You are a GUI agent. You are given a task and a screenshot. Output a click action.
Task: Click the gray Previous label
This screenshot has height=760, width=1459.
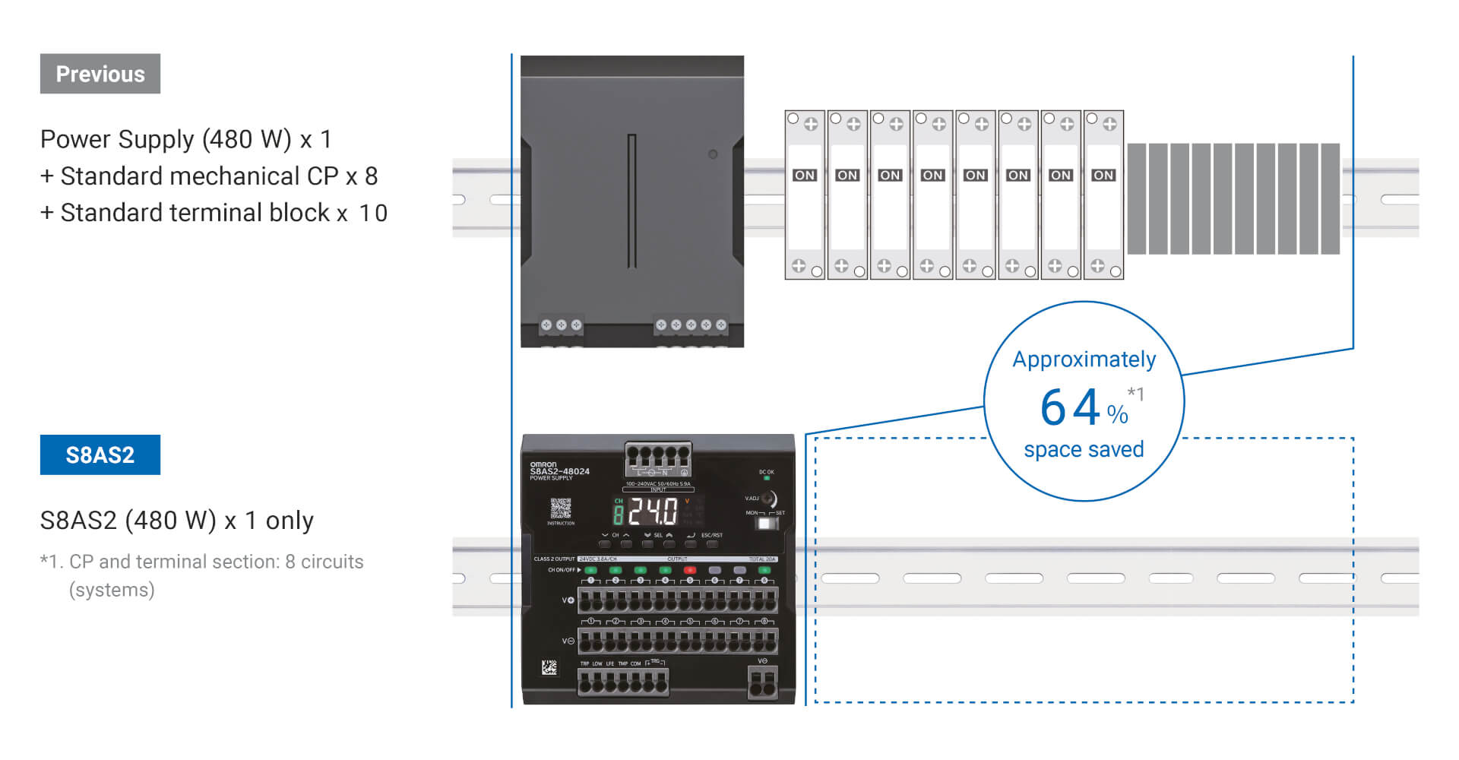click(100, 74)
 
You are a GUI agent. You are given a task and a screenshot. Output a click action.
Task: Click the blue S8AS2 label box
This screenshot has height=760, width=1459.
click(100, 454)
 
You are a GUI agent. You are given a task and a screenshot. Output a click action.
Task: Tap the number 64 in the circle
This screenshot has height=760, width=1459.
click(1070, 407)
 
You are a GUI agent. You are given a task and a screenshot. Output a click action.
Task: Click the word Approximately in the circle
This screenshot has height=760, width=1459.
click(1084, 359)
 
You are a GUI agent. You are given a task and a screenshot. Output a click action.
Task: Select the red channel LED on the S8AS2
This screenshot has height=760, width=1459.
click(690, 569)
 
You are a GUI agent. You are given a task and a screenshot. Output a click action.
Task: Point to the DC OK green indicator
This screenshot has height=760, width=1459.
click(767, 478)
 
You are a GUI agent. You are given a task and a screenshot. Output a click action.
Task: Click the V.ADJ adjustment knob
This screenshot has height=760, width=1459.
click(769, 499)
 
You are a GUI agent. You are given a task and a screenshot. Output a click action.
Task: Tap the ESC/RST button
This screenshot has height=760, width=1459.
click(712, 543)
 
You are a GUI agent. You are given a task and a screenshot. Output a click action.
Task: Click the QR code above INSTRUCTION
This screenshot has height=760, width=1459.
click(561, 508)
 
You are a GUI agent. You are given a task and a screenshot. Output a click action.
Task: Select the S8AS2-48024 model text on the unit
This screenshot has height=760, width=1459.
click(560, 471)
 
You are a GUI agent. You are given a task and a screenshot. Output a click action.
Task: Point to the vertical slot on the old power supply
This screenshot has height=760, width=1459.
click(631, 201)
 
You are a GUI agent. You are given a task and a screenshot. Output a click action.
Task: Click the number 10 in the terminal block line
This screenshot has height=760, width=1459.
click(373, 214)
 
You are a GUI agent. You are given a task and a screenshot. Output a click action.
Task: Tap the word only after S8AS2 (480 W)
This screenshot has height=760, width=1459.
click(290, 521)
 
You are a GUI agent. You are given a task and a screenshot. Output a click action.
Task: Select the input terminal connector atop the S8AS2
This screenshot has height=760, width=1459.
click(658, 458)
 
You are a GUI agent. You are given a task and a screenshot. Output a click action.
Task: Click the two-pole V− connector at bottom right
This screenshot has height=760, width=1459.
click(763, 682)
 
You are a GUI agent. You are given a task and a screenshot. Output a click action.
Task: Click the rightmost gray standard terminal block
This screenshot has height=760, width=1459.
click(1330, 198)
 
